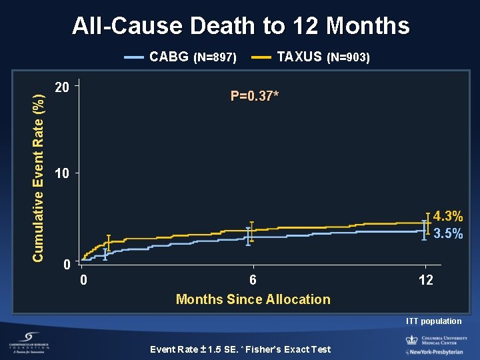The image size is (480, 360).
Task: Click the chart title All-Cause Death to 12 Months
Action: (x=241, y=26)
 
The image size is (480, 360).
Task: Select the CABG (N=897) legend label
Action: (x=193, y=57)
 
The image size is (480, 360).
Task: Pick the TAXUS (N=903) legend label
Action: (x=323, y=57)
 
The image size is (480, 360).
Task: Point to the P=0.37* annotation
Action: (x=255, y=96)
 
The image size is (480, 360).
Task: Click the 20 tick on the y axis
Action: (x=62, y=87)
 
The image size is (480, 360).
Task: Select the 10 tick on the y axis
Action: (x=62, y=174)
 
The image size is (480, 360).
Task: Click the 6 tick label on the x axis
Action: (x=253, y=280)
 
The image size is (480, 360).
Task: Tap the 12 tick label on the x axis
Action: (x=425, y=280)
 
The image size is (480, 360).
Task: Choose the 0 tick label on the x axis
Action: (x=83, y=280)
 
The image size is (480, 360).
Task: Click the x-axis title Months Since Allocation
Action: (x=253, y=299)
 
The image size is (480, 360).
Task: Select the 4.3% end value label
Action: (x=448, y=216)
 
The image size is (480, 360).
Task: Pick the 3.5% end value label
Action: (x=448, y=234)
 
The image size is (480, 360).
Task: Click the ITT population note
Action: (x=433, y=321)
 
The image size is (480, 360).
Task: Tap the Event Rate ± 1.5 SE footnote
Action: (x=240, y=349)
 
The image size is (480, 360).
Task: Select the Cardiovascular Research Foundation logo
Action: (x=31, y=344)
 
